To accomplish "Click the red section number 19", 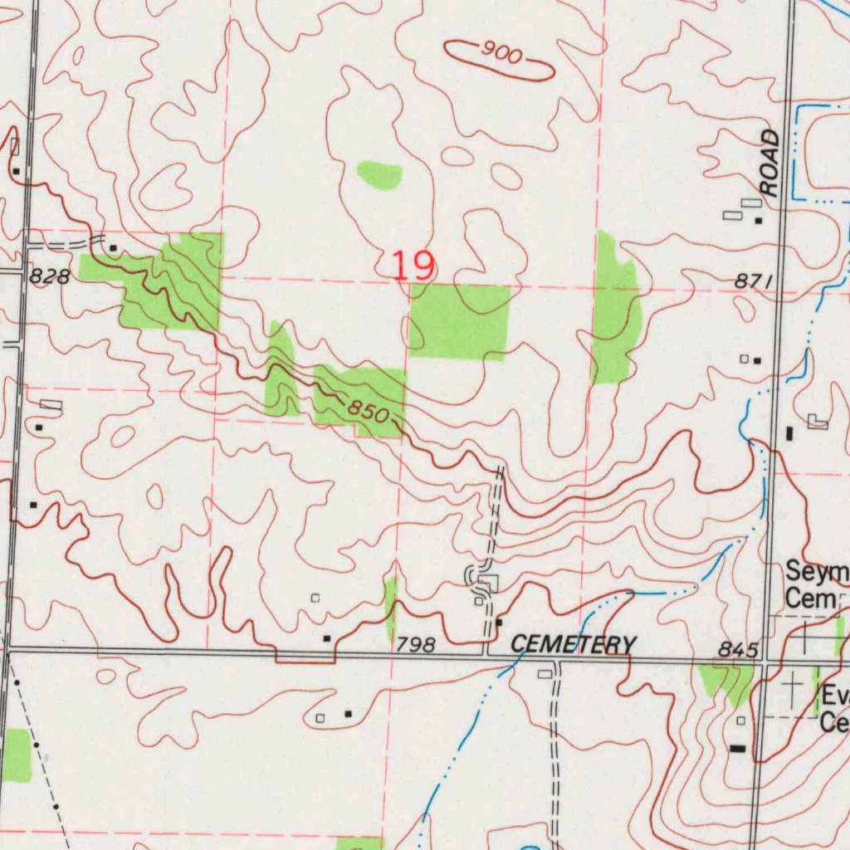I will (413, 266).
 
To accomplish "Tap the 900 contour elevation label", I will (501, 56).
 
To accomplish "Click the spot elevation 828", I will (49, 278).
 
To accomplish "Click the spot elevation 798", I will (415, 645).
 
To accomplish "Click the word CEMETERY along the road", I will (573, 644).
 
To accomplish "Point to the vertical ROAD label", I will (771, 163).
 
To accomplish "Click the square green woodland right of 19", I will (459, 322).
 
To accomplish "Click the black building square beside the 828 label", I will (113, 247).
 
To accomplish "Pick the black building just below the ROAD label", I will (758, 221).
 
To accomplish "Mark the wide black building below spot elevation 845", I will (737, 749).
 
